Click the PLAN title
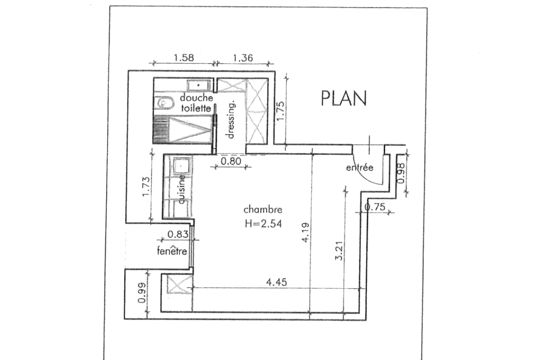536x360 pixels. [344, 98]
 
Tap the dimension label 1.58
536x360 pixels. [184, 57]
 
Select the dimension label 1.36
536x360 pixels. [243, 57]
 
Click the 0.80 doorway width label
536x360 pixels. [231, 161]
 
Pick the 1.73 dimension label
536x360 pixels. [146, 187]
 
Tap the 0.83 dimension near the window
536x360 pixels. [178, 234]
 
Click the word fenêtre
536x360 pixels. [172, 251]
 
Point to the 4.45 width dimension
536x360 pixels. [277, 282]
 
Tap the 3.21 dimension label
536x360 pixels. [339, 251]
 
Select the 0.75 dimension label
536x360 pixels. [375, 207]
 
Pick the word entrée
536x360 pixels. [360, 168]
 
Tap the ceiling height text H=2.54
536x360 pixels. [263, 223]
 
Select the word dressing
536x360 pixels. [231, 119]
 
